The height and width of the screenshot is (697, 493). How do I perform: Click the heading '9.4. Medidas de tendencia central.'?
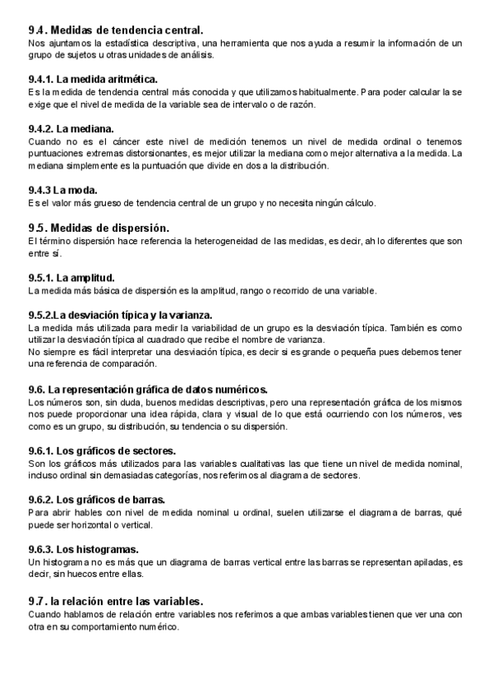click(115, 30)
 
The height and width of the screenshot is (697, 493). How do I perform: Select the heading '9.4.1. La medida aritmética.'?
click(92, 79)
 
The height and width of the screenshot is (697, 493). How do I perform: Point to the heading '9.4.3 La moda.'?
click(62, 190)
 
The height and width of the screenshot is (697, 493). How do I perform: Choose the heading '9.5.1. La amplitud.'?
click(71, 278)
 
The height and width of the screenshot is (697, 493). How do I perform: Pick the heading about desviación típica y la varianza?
click(120, 315)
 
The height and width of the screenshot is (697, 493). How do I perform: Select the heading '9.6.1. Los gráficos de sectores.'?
click(102, 450)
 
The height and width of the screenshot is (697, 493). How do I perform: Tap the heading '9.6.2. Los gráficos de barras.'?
click(96, 500)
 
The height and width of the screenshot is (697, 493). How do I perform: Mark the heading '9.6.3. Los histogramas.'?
click(83, 549)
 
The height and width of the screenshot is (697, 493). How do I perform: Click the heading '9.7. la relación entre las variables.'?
click(115, 601)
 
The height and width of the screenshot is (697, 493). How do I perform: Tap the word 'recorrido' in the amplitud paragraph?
click(302, 290)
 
